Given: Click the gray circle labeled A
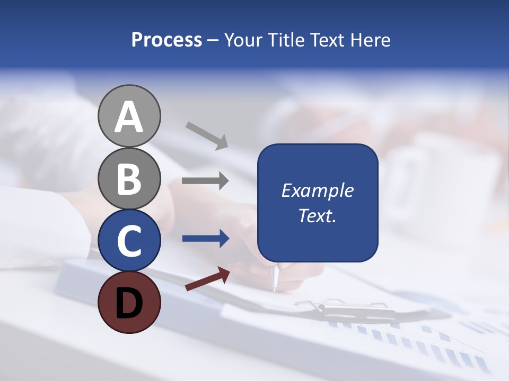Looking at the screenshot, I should pos(129,116).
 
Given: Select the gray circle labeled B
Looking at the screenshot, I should pos(129,178).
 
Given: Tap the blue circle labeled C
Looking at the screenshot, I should pos(129,241).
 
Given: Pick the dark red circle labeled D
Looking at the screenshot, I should pos(129,302).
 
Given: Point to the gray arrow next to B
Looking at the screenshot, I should pos(205,181).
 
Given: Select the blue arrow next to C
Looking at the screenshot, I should pos(205,239).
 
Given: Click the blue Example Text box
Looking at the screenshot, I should pos(318,203).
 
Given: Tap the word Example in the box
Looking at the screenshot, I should pos(318,190).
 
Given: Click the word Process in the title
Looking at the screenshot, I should pos(166,40).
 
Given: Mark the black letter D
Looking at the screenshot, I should pos(129,303).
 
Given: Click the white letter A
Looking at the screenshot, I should pos(129,117).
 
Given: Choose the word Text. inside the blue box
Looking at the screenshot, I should pos(318,216).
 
